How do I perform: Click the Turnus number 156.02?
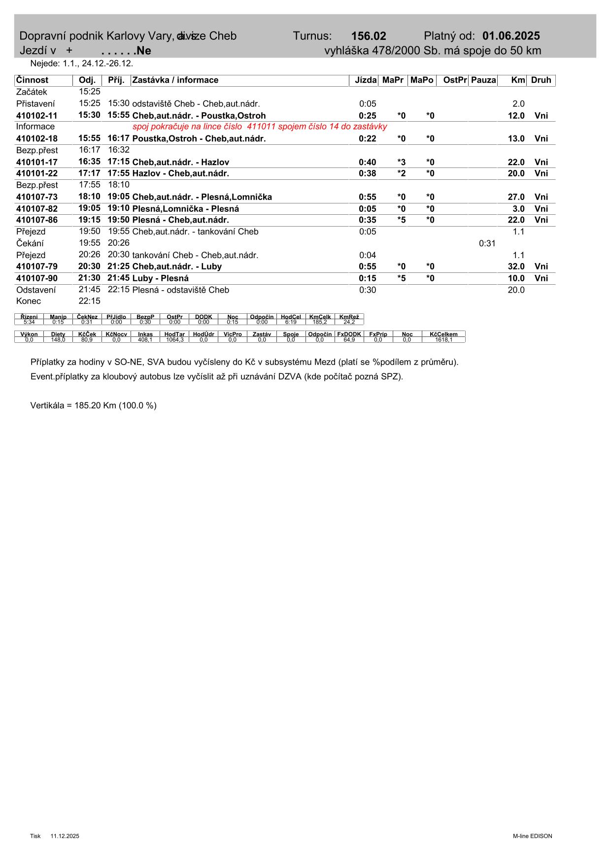(369, 36)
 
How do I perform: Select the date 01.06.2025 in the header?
(511, 36)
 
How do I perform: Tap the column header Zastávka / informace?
(175, 80)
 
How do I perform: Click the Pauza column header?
(483, 80)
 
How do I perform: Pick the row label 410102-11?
(36, 116)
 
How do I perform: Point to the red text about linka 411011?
(260, 127)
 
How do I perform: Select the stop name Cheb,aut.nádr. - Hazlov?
(180, 162)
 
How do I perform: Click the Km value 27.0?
(516, 197)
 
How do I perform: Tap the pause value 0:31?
(487, 243)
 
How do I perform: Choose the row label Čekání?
(30, 243)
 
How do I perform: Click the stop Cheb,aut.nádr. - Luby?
(177, 266)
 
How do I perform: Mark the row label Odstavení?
(36, 290)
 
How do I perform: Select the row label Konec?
(29, 301)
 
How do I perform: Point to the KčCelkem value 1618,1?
(443, 340)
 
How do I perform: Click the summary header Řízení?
(29, 317)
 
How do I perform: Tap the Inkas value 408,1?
(145, 340)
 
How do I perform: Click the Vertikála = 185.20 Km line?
(93, 406)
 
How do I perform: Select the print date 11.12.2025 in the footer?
(65, 836)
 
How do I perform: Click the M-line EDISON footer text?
(532, 836)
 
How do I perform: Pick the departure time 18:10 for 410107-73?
(89, 197)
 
